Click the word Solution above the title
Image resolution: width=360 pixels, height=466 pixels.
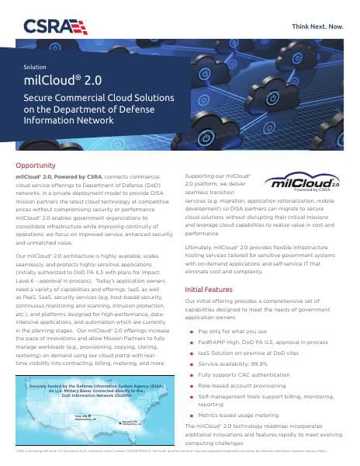[36, 68]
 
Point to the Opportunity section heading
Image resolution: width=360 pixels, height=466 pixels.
[35, 165]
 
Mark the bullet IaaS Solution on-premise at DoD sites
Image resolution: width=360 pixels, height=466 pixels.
[253, 352]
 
